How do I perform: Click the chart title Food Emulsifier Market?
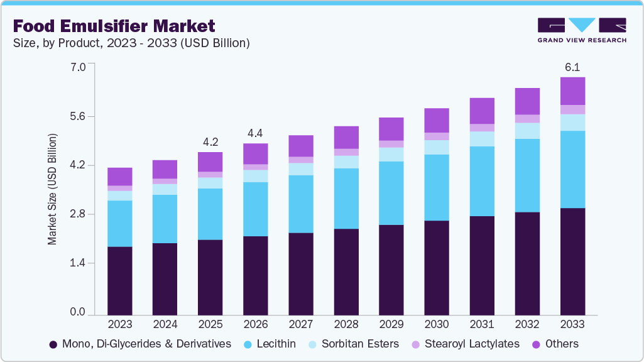[114, 26]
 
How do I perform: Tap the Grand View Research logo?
[581, 30]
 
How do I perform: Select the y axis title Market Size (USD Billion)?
[52, 189]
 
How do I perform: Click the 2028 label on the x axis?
[346, 324]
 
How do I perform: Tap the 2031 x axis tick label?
[482, 324]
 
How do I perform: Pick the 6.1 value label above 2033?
[572, 67]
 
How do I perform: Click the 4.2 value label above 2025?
[210, 141]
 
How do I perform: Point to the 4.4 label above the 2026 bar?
[256, 133]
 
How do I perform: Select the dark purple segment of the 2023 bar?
[120, 280]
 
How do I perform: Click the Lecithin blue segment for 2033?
[572, 169]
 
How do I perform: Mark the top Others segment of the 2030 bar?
[437, 120]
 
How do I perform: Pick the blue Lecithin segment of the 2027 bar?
[301, 204]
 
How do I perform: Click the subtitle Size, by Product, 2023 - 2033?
[131, 43]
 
